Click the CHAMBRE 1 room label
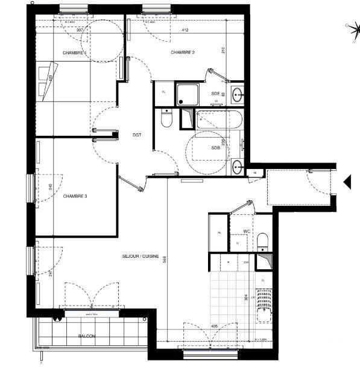pyautogui.click(x=75, y=53)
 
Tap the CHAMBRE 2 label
pyautogui.click(x=183, y=53)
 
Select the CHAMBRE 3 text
pyautogui.click(x=75, y=196)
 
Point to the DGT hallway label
pyautogui.click(x=137, y=135)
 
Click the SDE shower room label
pyautogui.click(x=215, y=94)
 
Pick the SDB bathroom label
pyautogui.click(x=215, y=148)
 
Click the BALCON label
pyautogui.click(x=87, y=336)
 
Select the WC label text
pyautogui.click(x=247, y=231)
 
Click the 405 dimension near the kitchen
pyautogui.click(x=214, y=327)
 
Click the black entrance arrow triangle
pyautogui.click(x=347, y=181)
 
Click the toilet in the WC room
pyautogui.click(x=263, y=243)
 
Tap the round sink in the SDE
pyautogui.click(x=237, y=94)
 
